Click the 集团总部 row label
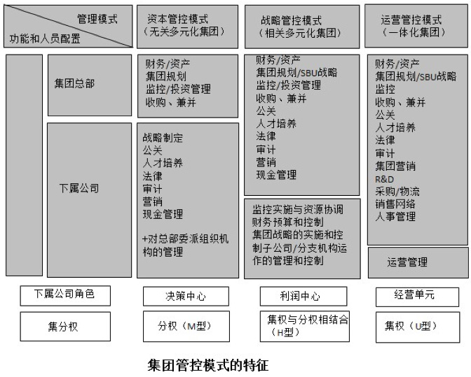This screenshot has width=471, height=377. click(x=74, y=83)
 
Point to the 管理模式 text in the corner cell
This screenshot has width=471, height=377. click(x=97, y=19)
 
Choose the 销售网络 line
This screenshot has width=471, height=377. click(x=395, y=204)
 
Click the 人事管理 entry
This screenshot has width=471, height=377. click(x=395, y=216)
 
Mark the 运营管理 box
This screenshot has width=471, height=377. click(x=407, y=262)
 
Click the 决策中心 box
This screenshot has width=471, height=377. click(x=186, y=296)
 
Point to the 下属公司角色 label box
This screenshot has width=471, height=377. click(x=65, y=294)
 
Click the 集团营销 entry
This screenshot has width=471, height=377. click(x=395, y=166)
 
